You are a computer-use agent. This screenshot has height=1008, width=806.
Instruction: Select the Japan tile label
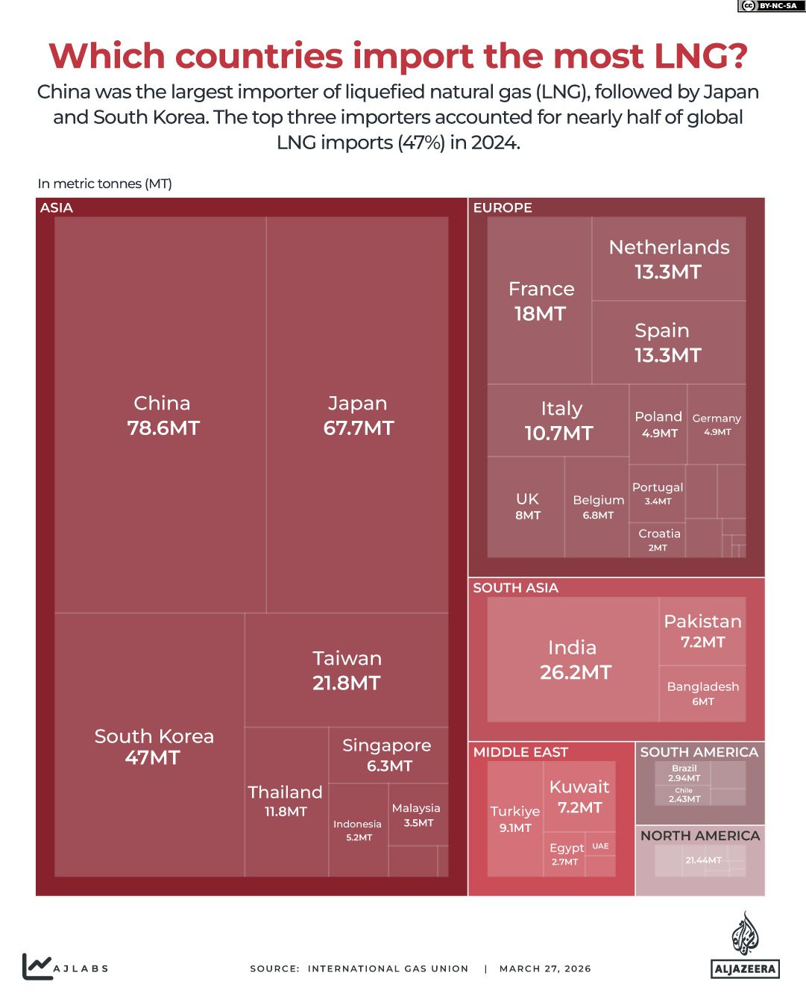pos(358,415)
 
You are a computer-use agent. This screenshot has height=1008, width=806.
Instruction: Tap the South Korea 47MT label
pos(154,747)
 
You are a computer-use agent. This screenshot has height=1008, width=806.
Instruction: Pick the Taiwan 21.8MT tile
pos(347,670)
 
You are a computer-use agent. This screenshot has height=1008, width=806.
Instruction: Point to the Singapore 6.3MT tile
pos(388,755)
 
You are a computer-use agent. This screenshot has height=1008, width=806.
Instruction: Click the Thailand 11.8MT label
pos(286,801)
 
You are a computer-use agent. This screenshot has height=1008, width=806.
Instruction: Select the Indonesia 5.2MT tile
pos(358,830)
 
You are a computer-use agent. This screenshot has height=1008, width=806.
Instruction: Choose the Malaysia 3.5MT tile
pos(418,815)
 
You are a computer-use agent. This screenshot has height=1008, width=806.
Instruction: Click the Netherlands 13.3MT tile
pos(669,259)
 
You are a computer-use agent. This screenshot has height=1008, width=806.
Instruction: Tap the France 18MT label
pos(541,301)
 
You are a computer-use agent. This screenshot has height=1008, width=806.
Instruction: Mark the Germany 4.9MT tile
pos(717,424)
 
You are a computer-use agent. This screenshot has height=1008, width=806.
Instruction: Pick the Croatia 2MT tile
pos(658,539)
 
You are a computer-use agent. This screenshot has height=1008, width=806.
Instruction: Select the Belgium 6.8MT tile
pos(598,507)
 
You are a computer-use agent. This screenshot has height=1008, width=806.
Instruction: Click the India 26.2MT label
pos(574,660)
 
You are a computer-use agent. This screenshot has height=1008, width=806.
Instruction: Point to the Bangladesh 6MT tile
pos(702,693)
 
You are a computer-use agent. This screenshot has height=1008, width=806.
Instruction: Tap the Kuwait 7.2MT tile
pos(579,796)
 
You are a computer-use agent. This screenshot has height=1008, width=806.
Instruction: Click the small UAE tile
pos(600,846)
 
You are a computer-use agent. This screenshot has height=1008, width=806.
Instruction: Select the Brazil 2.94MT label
pos(684,773)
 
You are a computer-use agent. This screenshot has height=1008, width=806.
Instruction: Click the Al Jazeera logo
pos(745,945)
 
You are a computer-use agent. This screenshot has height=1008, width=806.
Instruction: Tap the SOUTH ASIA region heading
pos(515,588)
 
